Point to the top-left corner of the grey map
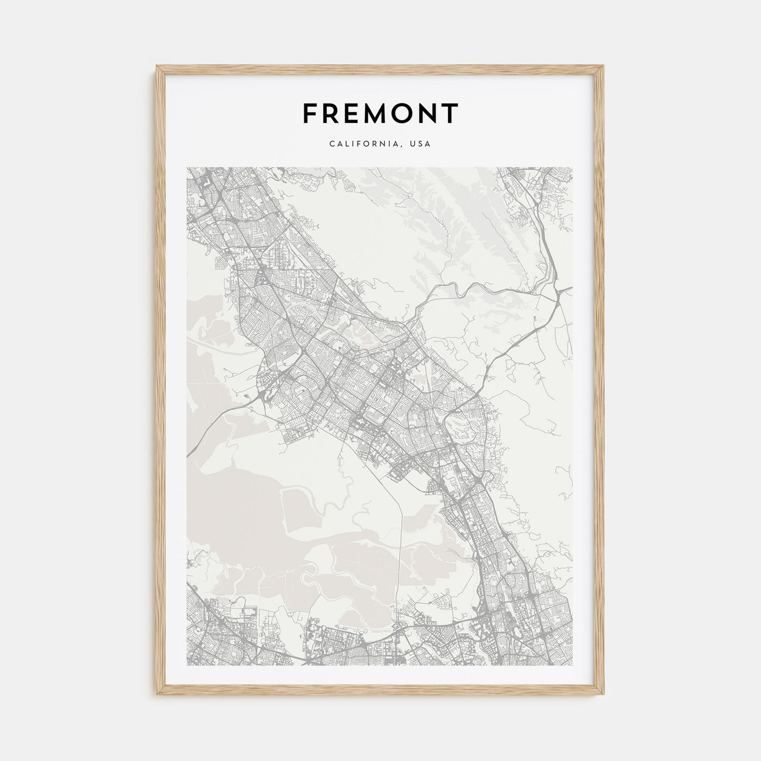pyautogui.click(x=187, y=167)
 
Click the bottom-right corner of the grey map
pyautogui.click(x=573, y=665)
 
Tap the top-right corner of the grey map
pyautogui.click(x=573, y=167)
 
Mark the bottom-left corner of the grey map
pyautogui.click(x=187, y=665)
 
